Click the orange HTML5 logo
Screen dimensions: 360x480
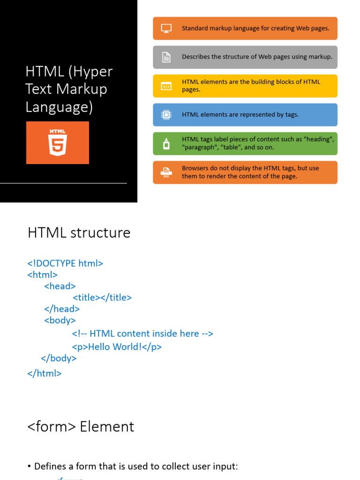pyautogui.click(x=57, y=142)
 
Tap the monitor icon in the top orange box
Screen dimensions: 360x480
pyautogui.click(x=166, y=28)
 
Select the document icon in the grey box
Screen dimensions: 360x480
pyautogui.click(x=166, y=57)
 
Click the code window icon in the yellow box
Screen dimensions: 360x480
pyautogui.click(x=166, y=86)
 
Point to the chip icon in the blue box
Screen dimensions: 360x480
pyautogui.click(x=166, y=115)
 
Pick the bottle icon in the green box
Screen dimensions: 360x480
pyautogui.click(x=166, y=143)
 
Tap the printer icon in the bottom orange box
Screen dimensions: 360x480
pyautogui.click(x=166, y=172)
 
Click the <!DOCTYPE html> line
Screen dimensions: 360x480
pyautogui.click(x=65, y=263)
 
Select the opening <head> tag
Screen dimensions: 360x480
pyautogui.click(x=60, y=286)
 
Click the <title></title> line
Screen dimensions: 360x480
pyautogui.click(x=102, y=297)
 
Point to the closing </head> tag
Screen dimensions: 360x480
pyautogui.click(x=62, y=308)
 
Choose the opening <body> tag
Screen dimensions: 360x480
pyautogui.click(x=60, y=320)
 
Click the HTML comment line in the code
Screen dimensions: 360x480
pyautogui.click(x=142, y=333)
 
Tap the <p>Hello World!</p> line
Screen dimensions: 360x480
pyautogui.click(x=117, y=347)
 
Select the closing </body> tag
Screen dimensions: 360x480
pyautogui.click(x=59, y=358)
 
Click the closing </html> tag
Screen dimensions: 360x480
pyautogui.click(x=45, y=373)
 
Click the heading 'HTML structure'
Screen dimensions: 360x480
pyautogui.click(x=79, y=232)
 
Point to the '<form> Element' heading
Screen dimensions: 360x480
pyautogui.click(x=81, y=426)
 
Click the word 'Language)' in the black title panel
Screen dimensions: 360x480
pyautogui.click(x=59, y=107)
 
